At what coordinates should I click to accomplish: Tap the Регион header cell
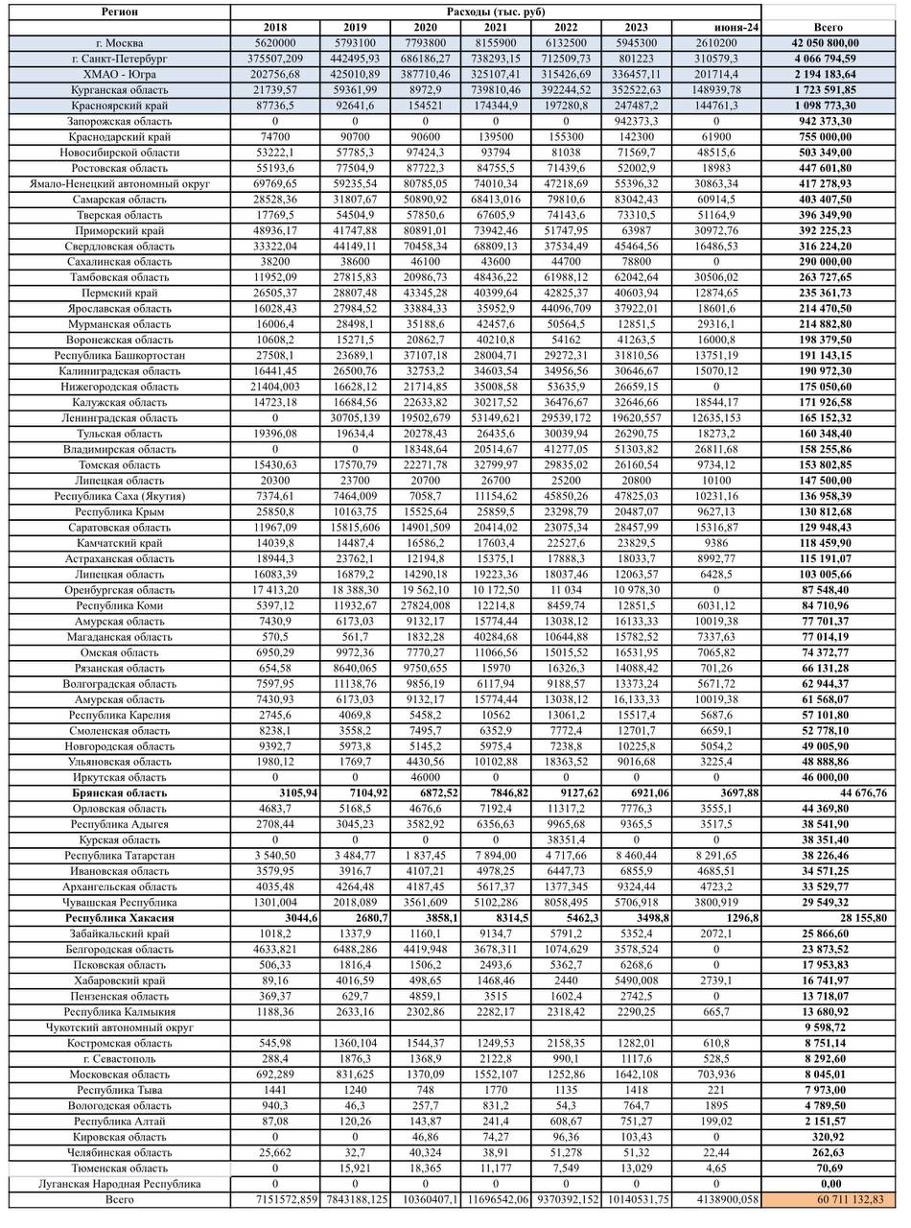(120, 12)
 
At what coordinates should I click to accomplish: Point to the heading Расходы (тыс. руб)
(496, 12)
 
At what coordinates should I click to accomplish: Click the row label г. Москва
(120, 43)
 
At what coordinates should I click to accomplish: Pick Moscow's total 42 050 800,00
(827, 43)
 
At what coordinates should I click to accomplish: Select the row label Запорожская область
(120, 122)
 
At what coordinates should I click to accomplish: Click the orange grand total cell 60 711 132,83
(827, 1199)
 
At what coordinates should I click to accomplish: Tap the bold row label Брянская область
(120, 793)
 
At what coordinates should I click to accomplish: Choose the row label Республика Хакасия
(120, 918)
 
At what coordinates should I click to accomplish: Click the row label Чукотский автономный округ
(120, 1027)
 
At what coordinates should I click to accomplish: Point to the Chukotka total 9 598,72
(827, 1027)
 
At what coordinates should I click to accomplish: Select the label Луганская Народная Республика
(120, 1184)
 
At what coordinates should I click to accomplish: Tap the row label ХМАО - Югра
(120, 75)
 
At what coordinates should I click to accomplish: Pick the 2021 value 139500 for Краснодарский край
(496, 137)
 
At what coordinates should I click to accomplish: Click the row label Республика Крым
(120, 512)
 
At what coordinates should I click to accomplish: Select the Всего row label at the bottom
(120, 1199)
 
